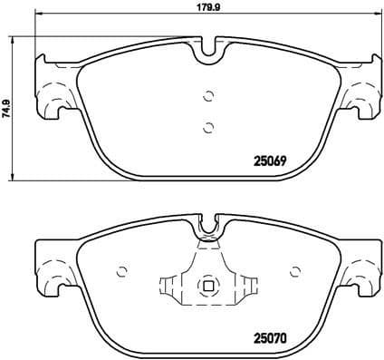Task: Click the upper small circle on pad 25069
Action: tap(208, 95)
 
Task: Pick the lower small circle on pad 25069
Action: tap(208, 126)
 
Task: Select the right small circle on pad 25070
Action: tap(293, 272)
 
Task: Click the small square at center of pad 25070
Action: tap(208, 288)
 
